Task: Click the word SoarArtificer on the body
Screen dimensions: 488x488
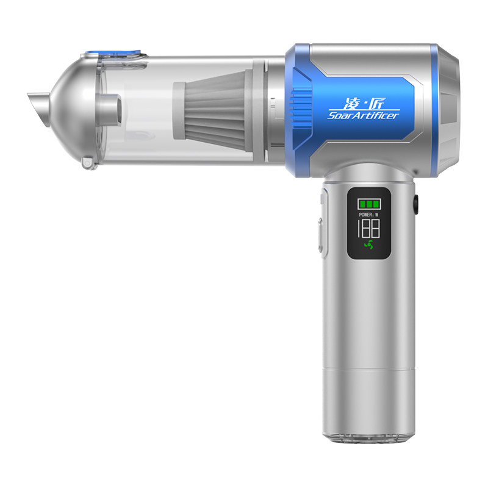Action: point(363,115)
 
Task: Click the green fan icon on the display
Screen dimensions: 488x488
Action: point(369,245)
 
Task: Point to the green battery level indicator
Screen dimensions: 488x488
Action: point(369,204)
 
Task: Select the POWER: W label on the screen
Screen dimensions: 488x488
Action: point(368,215)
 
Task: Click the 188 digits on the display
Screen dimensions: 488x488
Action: point(368,228)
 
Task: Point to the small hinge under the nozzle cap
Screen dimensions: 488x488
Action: point(87,163)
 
